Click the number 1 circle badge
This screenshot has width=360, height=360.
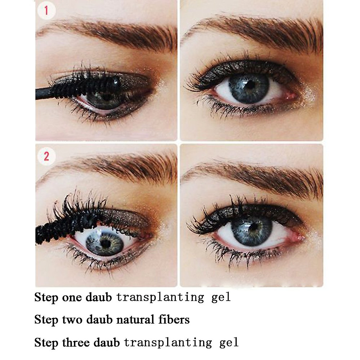tap(46, 12)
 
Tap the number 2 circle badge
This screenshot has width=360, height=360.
tap(46, 156)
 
